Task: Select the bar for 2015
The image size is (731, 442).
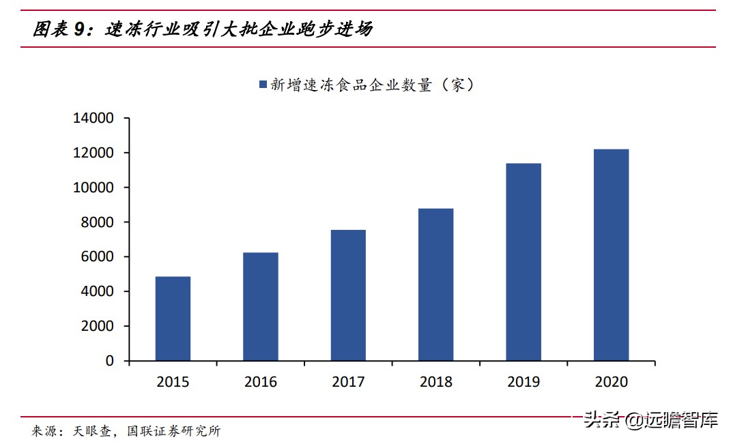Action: pos(173,319)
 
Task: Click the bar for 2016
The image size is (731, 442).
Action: pos(260,306)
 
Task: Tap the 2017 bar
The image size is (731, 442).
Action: pos(348,295)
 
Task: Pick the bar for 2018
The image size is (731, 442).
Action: pos(435,284)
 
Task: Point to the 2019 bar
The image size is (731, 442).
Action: pos(524,262)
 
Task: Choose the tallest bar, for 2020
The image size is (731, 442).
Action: pos(611,255)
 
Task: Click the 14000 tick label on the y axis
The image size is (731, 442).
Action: pos(95,119)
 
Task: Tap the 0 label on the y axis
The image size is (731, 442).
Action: pos(110,361)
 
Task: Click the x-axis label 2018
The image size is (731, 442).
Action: pos(435,382)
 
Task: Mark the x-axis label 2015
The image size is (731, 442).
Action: pos(173,382)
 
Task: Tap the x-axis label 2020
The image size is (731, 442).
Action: pos(611,382)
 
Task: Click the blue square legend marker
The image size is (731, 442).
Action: pos(263,85)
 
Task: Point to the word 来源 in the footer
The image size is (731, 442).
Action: pos(44,431)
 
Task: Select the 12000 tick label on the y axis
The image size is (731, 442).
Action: pos(95,153)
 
